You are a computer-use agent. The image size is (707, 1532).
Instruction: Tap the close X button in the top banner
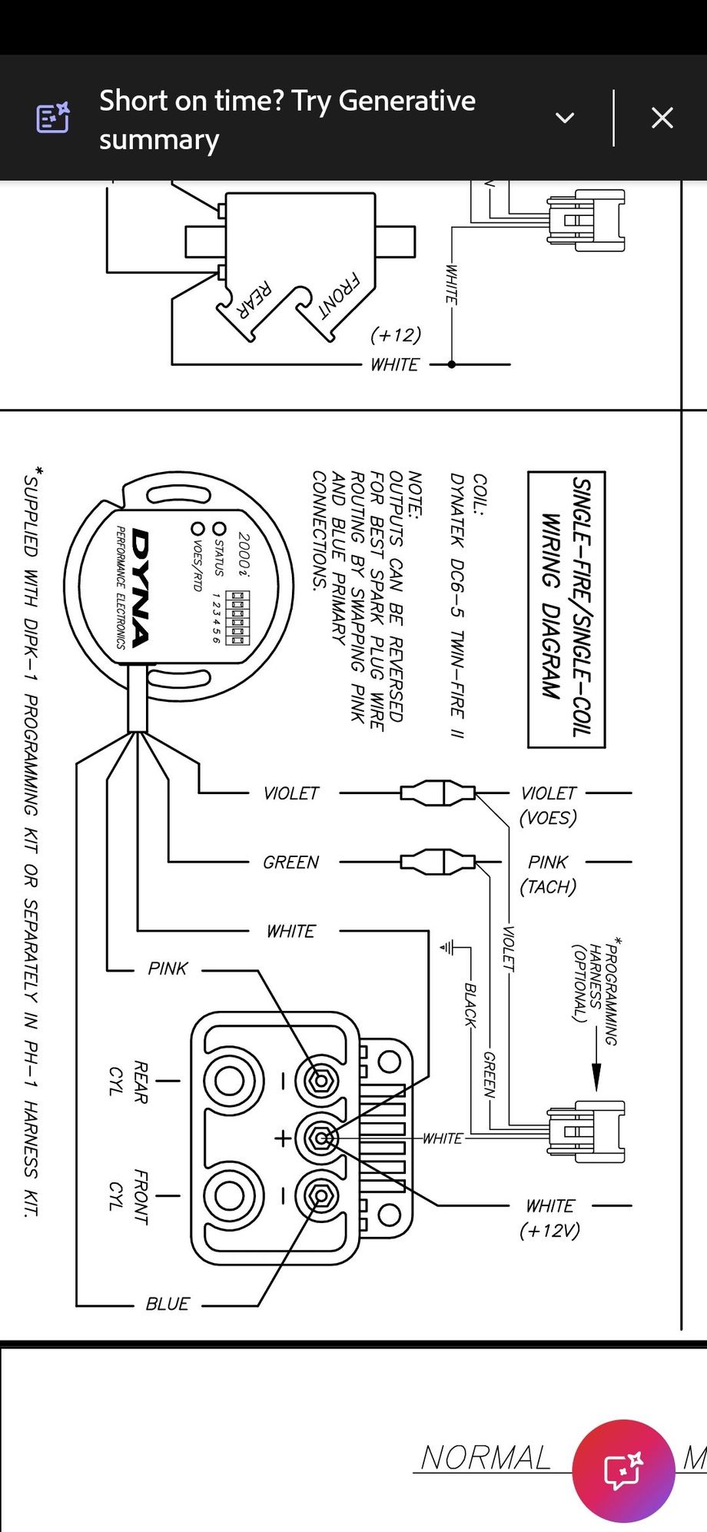pos(662,118)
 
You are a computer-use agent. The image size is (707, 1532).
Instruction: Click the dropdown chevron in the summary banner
pos(565,118)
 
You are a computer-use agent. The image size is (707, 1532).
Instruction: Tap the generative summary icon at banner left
pos(53,118)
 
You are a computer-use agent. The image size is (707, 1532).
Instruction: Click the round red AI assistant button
pos(623,1470)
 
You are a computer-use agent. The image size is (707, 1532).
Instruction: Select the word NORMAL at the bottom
pos(486,1457)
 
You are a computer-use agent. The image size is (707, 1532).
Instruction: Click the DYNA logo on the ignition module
pos(141,587)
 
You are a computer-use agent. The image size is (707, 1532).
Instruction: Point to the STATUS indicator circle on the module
pos(220,529)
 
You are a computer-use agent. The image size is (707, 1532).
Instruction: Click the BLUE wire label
pos(168,1304)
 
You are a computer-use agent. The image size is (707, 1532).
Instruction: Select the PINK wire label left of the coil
pos(168,969)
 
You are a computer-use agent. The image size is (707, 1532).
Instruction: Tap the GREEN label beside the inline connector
pos(290,862)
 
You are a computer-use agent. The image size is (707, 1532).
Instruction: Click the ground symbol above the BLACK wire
pos(447,948)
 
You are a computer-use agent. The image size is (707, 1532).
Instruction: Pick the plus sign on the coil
pos(283,1138)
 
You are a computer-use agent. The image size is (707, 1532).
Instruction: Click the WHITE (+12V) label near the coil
pos(549,1218)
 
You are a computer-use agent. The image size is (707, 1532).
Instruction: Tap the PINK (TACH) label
pos(548,874)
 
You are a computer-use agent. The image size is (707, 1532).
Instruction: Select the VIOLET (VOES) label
pos(548,805)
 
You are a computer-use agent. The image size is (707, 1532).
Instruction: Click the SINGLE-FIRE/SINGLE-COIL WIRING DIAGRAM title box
pos(566,609)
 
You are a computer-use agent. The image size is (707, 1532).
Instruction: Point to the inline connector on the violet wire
pos(437,793)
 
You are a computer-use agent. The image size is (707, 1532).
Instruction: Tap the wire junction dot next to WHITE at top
pos(452,364)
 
